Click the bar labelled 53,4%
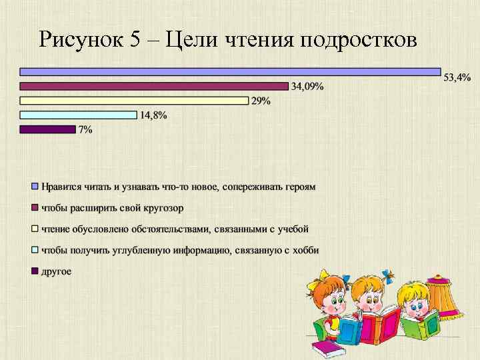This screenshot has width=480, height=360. (x=230, y=71)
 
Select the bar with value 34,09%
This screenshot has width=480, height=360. (x=154, y=86)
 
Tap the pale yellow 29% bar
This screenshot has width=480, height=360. (x=134, y=101)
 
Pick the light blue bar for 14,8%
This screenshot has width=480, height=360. (x=78, y=115)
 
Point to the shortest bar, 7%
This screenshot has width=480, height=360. (x=48, y=129)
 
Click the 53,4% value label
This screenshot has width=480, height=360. (x=457, y=78)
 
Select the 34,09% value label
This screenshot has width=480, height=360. (x=307, y=86)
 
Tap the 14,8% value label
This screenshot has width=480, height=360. (x=153, y=115)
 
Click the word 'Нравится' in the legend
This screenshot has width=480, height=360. (x=61, y=187)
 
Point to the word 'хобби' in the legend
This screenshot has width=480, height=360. (x=305, y=250)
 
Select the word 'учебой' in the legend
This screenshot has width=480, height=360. (x=293, y=229)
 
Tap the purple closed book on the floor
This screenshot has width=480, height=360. (x=326, y=348)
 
